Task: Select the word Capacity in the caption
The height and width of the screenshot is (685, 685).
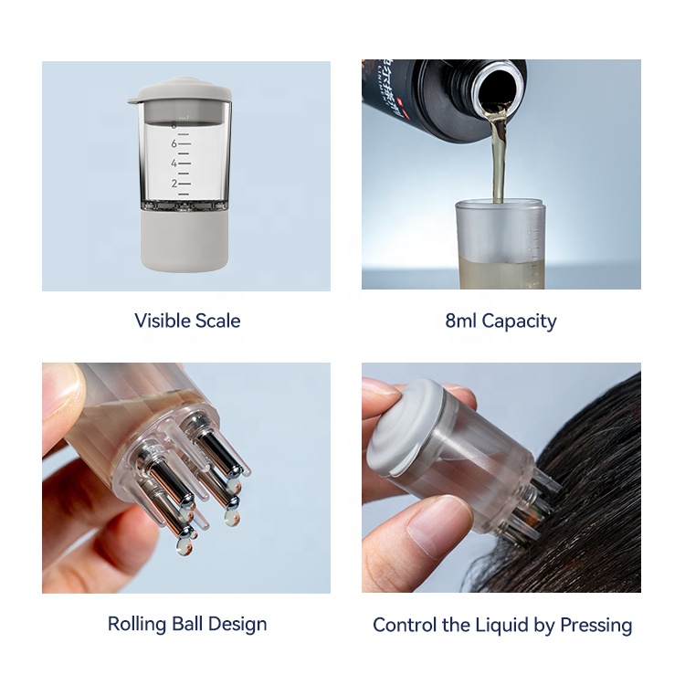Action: (519, 321)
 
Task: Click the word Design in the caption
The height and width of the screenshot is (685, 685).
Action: (241, 625)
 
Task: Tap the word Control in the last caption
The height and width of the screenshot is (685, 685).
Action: (406, 626)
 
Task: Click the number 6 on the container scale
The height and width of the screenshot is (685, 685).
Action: (174, 143)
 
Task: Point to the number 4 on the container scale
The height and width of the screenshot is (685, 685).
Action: (174, 163)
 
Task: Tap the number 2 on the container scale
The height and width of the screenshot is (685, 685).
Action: (174, 184)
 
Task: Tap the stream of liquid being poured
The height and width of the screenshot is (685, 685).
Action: (498, 155)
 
